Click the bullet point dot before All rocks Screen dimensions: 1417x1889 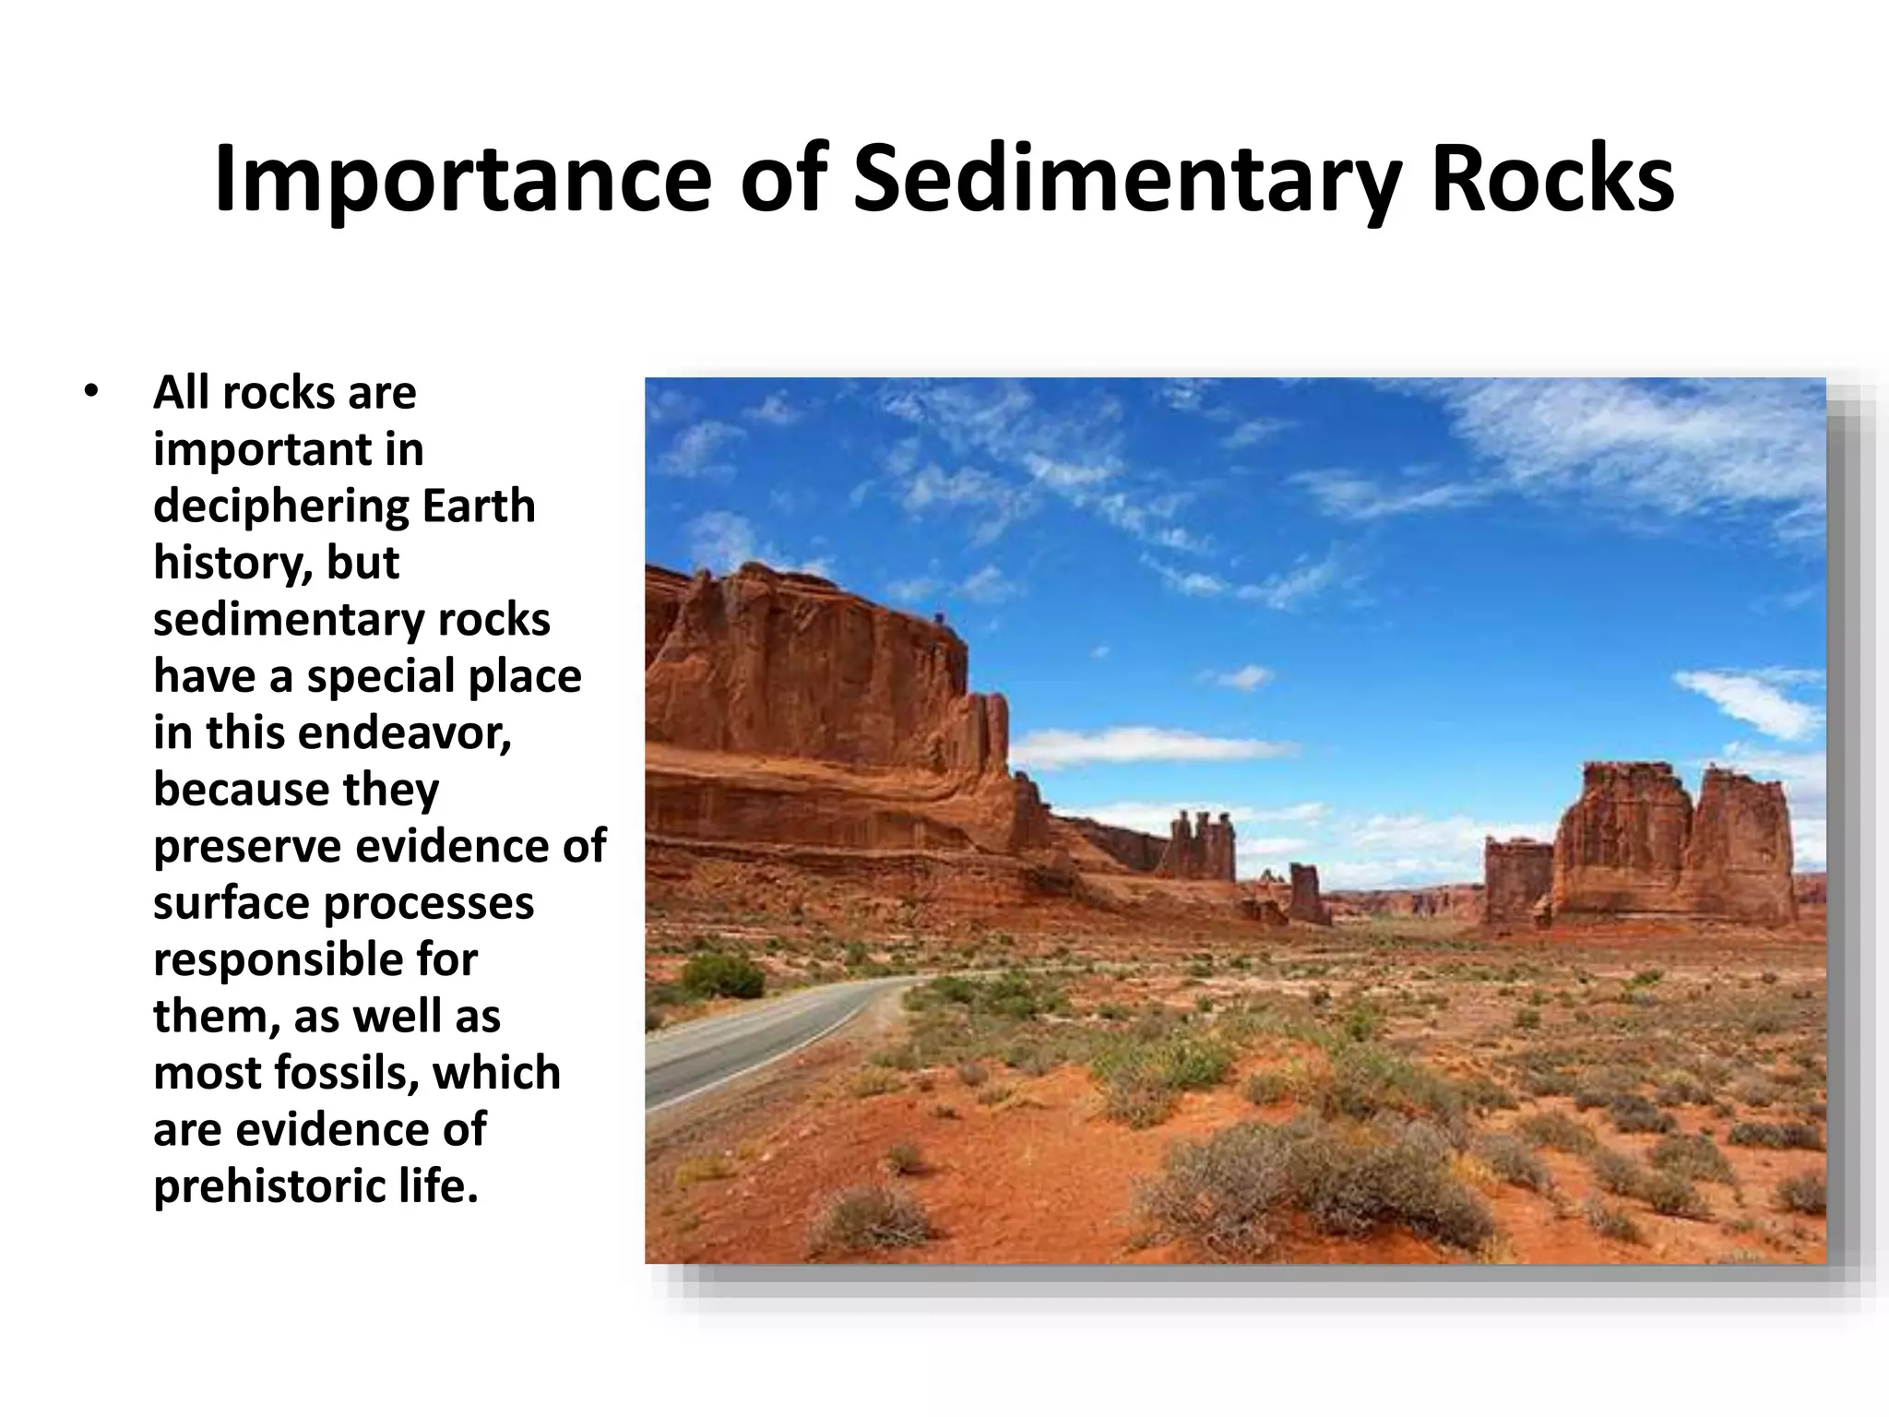[x=89, y=392]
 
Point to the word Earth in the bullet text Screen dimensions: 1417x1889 [x=478, y=506]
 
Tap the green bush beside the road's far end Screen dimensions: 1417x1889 [x=722, y=975]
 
